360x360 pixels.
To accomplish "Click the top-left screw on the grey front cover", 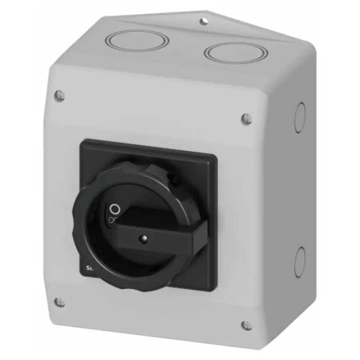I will [59, 95].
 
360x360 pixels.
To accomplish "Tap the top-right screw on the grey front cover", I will [246, 118].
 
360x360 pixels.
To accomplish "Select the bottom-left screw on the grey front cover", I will [60, 302].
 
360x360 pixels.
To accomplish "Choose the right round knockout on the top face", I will [236, 52].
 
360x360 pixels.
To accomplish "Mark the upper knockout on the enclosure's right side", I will [300, 118].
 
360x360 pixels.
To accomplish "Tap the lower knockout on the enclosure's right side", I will [300, 262].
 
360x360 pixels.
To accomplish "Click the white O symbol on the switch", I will [114, 209].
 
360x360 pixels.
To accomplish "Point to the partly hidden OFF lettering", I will [112, 219].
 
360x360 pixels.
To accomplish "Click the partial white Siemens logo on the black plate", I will [89, 269].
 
